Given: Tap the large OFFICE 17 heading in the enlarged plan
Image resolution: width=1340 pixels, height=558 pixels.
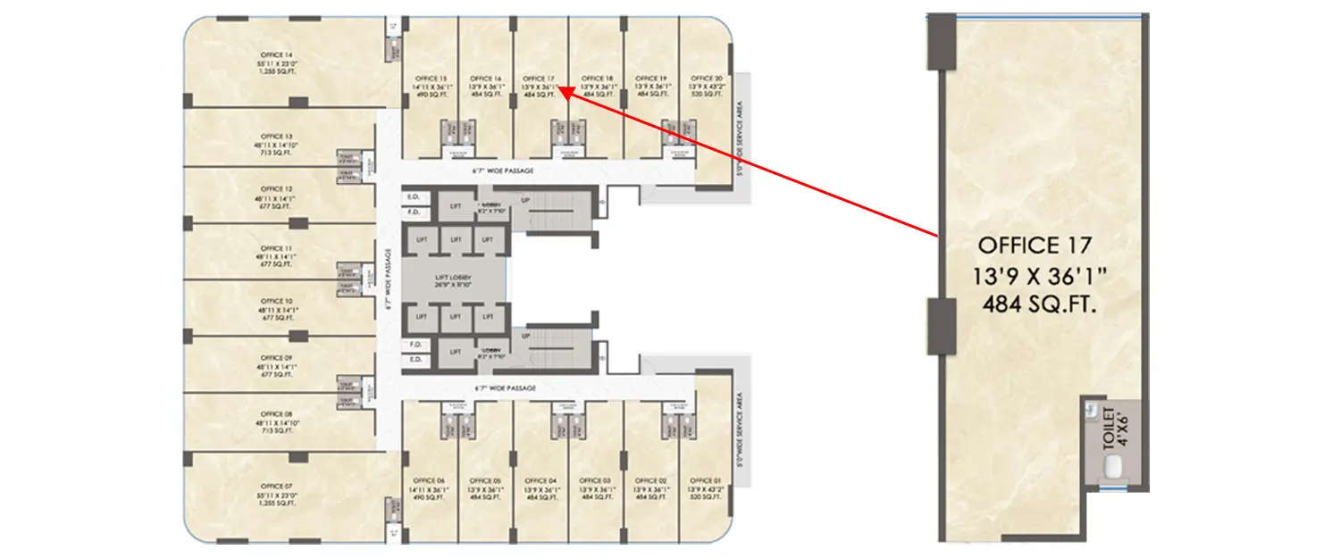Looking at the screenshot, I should click(x=1035, y=245).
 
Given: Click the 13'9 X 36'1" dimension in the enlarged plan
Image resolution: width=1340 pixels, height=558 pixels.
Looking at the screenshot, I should click(x=1039, y=275).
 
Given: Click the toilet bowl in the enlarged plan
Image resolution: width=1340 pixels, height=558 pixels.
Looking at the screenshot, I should click(x=1112, y=468).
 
